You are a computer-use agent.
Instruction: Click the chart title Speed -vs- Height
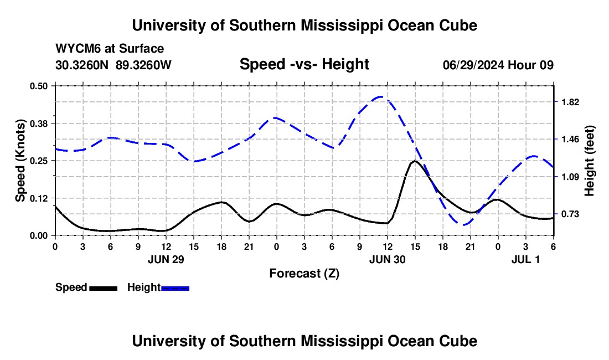coord(304,64)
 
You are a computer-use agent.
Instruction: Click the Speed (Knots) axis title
coord(20,161)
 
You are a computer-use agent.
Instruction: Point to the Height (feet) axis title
coord(589,161)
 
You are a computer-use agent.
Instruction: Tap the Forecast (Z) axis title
coord(304,273)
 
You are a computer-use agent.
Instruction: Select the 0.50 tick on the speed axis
coord(38,85)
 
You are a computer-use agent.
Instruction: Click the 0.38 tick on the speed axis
coord(38,123)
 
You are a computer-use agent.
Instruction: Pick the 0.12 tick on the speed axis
coord(38,198)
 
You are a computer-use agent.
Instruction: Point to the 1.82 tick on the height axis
coord(570,102)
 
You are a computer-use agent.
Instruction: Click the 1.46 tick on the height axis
coord(570,139)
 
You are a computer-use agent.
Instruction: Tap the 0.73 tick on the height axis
coord(570,214)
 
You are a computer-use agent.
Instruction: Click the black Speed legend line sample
coord(103,288)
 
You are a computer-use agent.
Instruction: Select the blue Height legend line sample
coord(175,288)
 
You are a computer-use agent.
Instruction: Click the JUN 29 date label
coord(166,259)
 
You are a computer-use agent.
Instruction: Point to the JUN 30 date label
coord(387,259)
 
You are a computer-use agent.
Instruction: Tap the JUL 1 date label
coord(524,259)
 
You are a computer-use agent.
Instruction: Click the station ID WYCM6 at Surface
coord(110,49)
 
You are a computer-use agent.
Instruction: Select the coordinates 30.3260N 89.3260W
coord(113,65)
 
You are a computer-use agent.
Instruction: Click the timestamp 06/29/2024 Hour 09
coord(498,65)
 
